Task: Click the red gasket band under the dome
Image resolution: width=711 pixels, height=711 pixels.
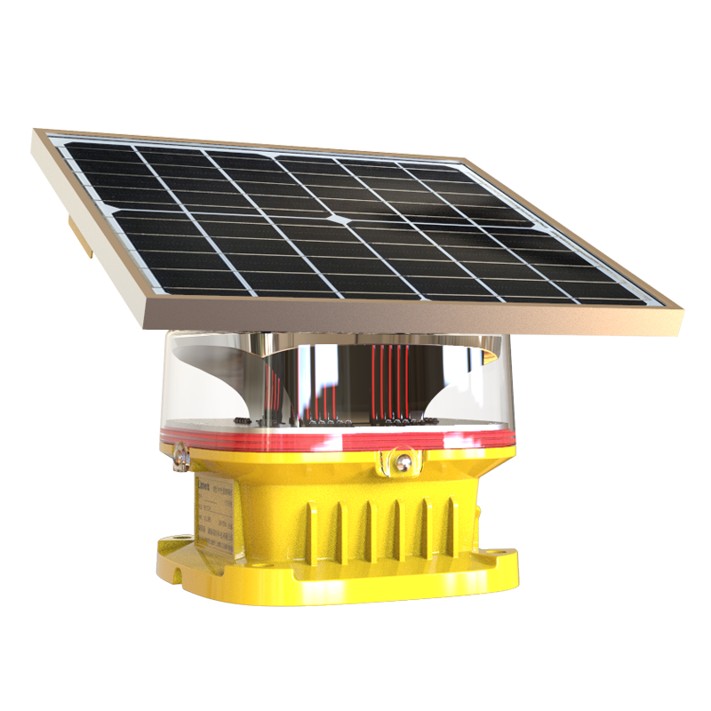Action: click(x=338, y=441)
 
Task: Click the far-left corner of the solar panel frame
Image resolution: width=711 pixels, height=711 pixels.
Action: click(x=37, y=132)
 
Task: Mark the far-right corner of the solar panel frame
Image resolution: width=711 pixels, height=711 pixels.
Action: click(x=682, y=307)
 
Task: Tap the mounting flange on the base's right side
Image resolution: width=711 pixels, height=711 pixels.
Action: click(x=498, y=560)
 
